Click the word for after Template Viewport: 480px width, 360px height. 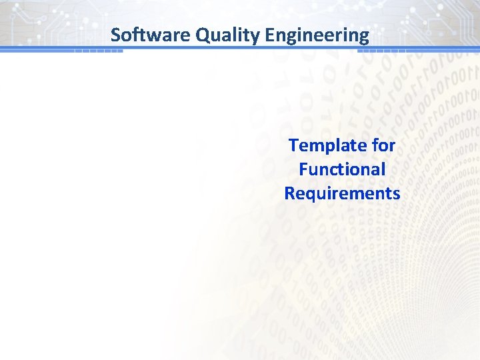(x=383, y=145)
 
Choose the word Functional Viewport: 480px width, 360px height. (x=342, y=169)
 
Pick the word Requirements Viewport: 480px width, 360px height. (x=342, y=194)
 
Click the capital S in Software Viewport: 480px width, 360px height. (x=115, y=35)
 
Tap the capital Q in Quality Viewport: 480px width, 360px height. (x=203, y=35)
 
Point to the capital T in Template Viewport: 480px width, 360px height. (x=293, y=145)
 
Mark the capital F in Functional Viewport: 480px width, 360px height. (x=303, y=169)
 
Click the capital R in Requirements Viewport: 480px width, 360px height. (x=289, y=193)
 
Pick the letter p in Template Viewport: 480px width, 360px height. (x=326, y=147)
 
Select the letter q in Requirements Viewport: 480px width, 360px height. (x=310, y=196)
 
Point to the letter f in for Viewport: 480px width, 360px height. (x=373, y=145)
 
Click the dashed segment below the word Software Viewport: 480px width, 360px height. (x=98, y=51)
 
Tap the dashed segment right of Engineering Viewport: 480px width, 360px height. (x=388, y=51)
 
